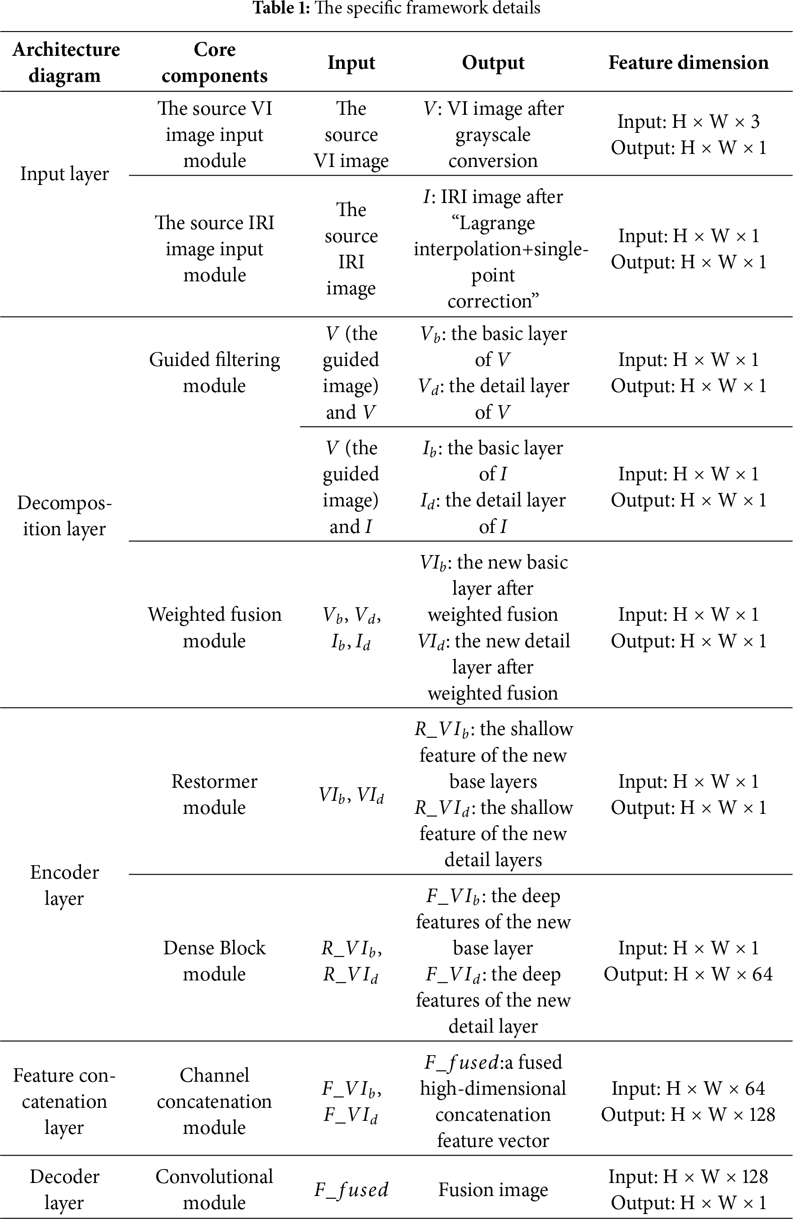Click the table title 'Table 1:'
(x=282, y=8)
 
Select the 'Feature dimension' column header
(x=688, y=63)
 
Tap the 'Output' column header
(x=493, y=63)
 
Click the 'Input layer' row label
(x=64, y=174)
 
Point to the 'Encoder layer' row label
(x=64, y=885)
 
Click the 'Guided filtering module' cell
(x=215, y=372)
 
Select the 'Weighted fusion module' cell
(x=215, y=627)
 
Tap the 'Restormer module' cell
(x=215, y=794)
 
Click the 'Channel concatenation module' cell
(x=215, y=1101)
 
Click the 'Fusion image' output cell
(x=493, y=1189)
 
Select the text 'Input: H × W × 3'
(x=688, y=122)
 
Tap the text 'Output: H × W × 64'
(x=688, y=974)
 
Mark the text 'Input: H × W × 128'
(x=688, y=1177)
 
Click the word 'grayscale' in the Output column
(x=493, y=135)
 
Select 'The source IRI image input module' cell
(x=215, y=249)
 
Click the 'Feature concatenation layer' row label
(x=64, y=1101)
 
